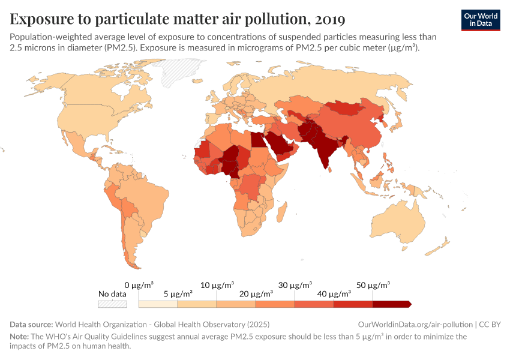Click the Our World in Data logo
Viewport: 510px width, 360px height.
pyautogui.click(x=481, y=20)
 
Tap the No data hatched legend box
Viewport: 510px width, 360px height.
pyautogui.click(x=113, y=304)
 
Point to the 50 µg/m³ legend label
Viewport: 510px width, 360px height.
pyautogui.click(x=373, y=284)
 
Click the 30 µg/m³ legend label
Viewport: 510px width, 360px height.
pyautogui.click(x=295, y=284)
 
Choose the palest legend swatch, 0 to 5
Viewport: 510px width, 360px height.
pyautogui.click(x=158, y=304)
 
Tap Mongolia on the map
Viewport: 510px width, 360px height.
pyautogui.click(x=347, y=107)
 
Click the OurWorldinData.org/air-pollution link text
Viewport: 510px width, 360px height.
pyautogui.click(x=414, y=324)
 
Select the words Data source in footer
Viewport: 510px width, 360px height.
pyautogui.click(x=31, y=324)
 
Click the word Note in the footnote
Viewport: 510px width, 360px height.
pyautogui.click(x=19, y=337)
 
